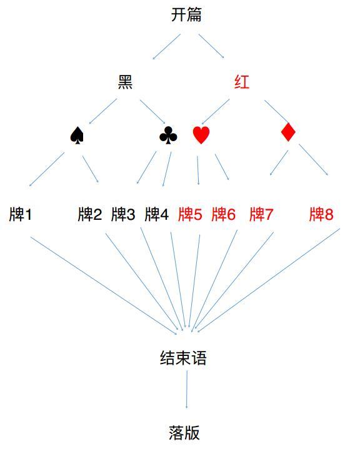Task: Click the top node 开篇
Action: (186, 15)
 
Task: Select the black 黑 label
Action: (125, 82)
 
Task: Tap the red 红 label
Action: (242, 82)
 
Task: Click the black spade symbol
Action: (77, 136)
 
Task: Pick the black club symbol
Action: (168, 135)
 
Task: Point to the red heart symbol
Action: (201, 135)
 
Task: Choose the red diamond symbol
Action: (288, 132)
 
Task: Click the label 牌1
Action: (21, 214)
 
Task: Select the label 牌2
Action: (90, 214)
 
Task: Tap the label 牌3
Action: (123, 214)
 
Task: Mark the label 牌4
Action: (157, 214)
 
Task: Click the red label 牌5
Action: (190, 214)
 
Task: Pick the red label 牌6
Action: (224, 214)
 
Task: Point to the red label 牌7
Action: (261, 214)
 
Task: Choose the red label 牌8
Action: (321, 214)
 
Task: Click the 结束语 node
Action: (184, 358)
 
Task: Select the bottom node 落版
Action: (184, 432)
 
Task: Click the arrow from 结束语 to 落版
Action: (187, 390)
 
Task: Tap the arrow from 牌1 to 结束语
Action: (104, 286)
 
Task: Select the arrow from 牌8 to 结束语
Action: (269, 280)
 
